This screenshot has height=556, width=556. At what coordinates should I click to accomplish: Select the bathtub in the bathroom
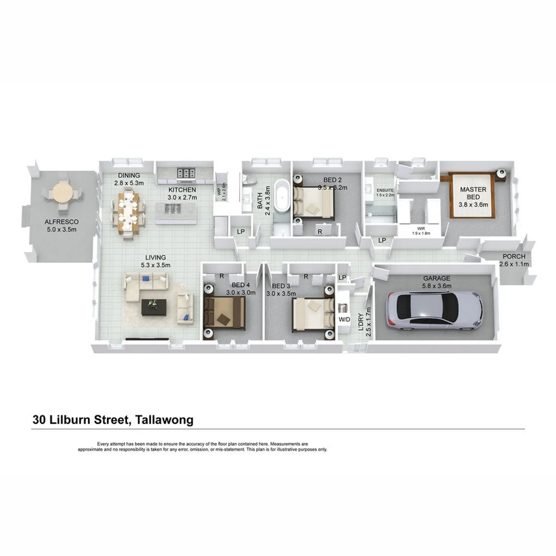tap(283, 196)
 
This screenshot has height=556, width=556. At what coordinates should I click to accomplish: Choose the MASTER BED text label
tap(473, 193)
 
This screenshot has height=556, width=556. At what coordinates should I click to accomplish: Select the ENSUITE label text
tap(385, 190)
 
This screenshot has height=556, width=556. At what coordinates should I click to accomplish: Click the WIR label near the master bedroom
tap(422, 229)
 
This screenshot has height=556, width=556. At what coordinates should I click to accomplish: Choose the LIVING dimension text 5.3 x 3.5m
tap(155, 265)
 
